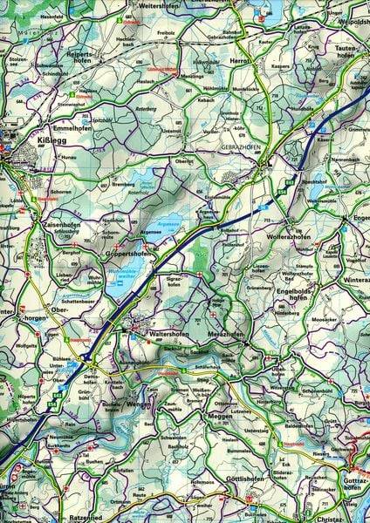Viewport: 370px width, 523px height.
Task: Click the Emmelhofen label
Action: (72, 128)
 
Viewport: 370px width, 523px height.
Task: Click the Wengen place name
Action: (139, 406)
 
